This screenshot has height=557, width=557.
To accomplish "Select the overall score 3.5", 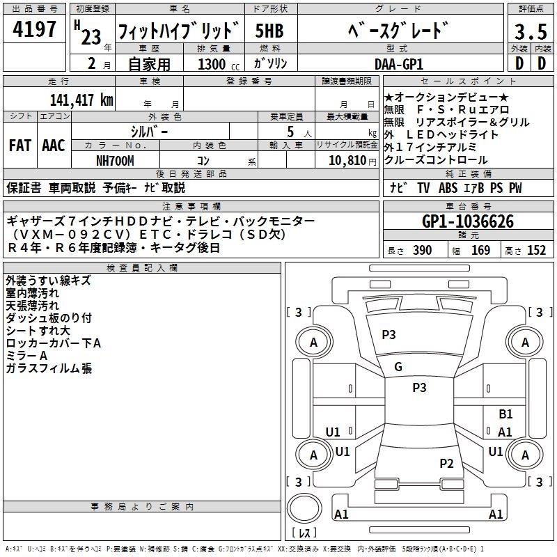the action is (531, 31).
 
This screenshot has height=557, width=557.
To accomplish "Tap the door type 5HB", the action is (269, 31).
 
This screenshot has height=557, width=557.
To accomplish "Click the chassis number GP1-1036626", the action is (468, 221).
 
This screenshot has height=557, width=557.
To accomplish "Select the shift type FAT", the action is (20, 146).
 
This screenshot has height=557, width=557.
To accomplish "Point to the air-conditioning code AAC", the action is (54, 146).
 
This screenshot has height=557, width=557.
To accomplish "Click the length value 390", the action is (422, 251).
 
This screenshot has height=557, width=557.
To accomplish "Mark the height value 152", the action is (536, 251).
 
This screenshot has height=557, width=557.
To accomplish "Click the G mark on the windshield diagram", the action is (398, 367).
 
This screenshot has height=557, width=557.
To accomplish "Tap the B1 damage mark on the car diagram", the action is (505, 414).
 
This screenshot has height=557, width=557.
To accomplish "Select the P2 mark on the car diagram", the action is (447, 464).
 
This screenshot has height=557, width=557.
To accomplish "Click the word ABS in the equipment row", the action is (448, 188).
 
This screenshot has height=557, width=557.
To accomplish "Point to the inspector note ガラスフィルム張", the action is (49, 368).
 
